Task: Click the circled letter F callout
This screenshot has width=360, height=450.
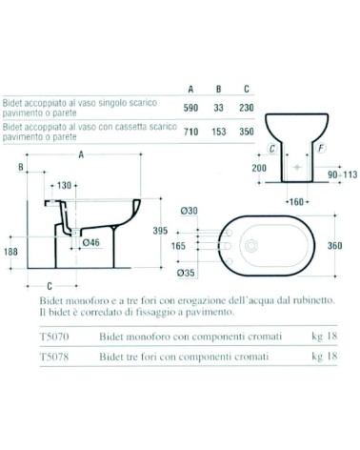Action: tap(321, 149)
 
